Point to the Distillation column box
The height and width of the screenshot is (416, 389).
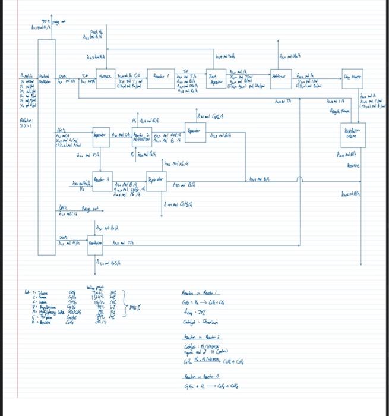(x=355, y=134)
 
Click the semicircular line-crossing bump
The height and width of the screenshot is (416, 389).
(x=301, y=179)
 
